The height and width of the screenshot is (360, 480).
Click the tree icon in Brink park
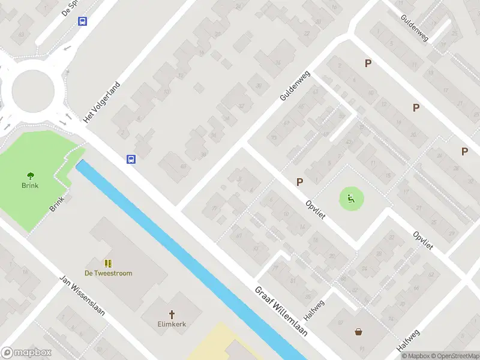point(30,175)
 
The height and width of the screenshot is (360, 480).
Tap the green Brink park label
point(30,185)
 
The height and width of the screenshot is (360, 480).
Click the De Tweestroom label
point(109,273)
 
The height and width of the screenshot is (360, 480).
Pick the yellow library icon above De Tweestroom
point(109,263)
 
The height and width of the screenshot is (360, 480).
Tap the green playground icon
point(352,199)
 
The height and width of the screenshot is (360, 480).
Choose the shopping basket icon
point(359,331)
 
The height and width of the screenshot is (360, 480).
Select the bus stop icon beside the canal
point(131,159)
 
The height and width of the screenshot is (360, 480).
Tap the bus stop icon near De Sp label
point(82,21)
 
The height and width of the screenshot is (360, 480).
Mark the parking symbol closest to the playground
point(299,182)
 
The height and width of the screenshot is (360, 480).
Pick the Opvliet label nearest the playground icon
point(315,209)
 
